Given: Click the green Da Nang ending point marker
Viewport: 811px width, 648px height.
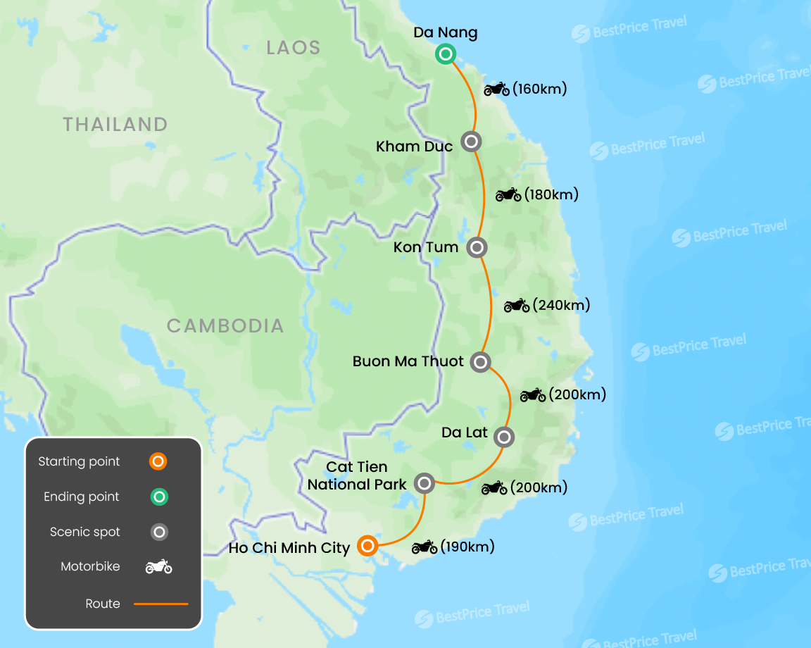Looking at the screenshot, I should [x=445, y=54].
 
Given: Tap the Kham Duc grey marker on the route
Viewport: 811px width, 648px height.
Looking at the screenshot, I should [x=472, y=142].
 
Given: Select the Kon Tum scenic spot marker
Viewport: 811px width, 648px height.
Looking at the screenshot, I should [x=477, y=247].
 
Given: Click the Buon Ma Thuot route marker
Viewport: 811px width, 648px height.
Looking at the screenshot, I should [x=480, y=362].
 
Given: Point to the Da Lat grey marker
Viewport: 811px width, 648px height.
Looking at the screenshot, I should [x=504, y=437].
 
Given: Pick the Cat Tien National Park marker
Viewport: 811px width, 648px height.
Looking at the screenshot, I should [x=425, y=482].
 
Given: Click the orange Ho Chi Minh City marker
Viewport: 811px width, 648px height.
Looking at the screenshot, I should [x=367, y=546].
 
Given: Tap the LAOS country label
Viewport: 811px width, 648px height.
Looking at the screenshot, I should [x=294, y=48].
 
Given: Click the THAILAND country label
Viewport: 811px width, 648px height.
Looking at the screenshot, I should [x=115, y=125].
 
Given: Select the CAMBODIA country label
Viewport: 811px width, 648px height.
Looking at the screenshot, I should [x=225, y=326].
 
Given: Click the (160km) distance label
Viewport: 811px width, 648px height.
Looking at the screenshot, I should [x=540, y=89].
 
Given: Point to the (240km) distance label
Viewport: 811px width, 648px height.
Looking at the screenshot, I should [x=562, y=305].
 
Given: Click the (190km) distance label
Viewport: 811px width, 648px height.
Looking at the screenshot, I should [x=467, y=547].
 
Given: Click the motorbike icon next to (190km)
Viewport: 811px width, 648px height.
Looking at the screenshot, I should [x=425, y=547].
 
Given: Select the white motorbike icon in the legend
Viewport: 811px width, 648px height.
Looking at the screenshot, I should [x=158, y=567].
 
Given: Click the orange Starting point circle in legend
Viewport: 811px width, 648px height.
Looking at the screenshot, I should [x=158, y=462].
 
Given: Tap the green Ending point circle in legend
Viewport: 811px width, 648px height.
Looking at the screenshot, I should [x=159, y=497].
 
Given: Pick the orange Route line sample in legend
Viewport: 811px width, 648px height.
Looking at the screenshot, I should [x=161, y=604].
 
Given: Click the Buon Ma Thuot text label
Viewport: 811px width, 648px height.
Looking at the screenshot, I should [x=408, y=361].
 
